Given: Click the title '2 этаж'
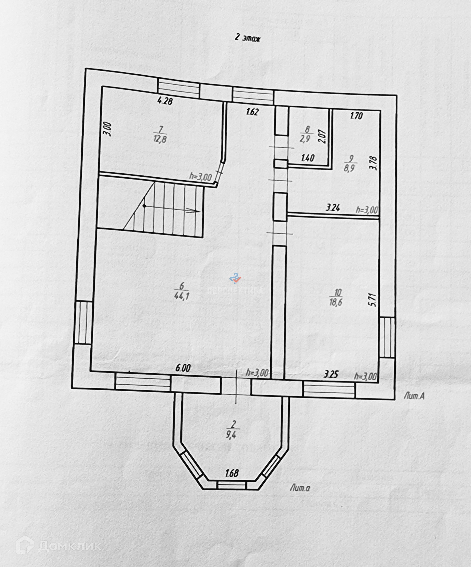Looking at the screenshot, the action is (248, 39).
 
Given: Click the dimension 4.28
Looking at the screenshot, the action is (165, 101).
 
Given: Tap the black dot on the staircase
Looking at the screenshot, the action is (144, 206).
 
